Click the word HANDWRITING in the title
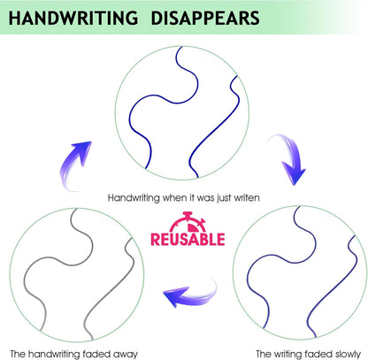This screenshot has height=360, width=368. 73,18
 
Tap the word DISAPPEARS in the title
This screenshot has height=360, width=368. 205,18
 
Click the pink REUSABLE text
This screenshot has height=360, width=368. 188,239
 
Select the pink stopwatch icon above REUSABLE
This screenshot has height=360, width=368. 188,222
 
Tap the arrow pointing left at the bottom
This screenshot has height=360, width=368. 190,294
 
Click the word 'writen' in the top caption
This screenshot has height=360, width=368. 247,197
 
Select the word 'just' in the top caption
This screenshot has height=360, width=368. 224,198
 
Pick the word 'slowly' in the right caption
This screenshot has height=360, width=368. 349,354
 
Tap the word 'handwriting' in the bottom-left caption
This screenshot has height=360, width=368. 54,354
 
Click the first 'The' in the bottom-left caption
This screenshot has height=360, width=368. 18,354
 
